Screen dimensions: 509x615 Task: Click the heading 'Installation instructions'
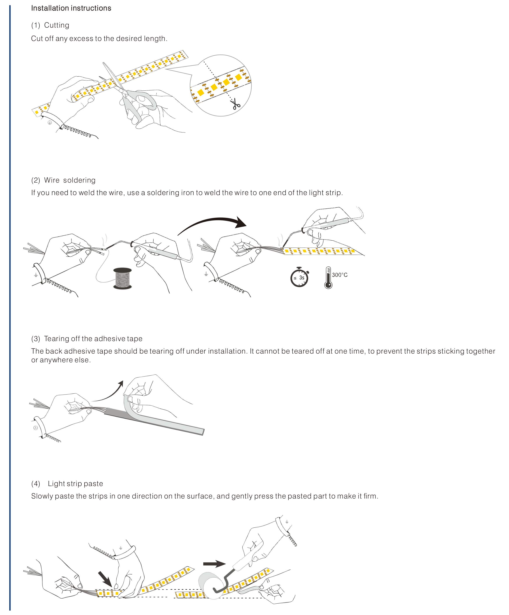click(x=71, y=8)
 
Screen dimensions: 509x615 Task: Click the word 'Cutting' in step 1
click(x=56, y=25)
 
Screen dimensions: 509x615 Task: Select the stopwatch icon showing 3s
click(x=299, y=277)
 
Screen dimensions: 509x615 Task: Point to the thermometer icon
click(x=328, y=278)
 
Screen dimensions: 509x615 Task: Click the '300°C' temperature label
click(x=340, y=275)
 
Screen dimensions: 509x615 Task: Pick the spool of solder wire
click(x=122, y=278)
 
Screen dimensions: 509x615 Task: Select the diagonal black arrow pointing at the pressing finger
click(x=105, y=579)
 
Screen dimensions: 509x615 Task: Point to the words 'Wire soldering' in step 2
click(x=70, y=180)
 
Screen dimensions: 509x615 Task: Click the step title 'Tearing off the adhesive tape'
click(x=93, y=339)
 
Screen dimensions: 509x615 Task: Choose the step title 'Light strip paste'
click(x=75, y=483)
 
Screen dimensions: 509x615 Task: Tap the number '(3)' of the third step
click(x=36, y=339)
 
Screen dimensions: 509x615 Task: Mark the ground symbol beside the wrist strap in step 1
click(x=50, y=122)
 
